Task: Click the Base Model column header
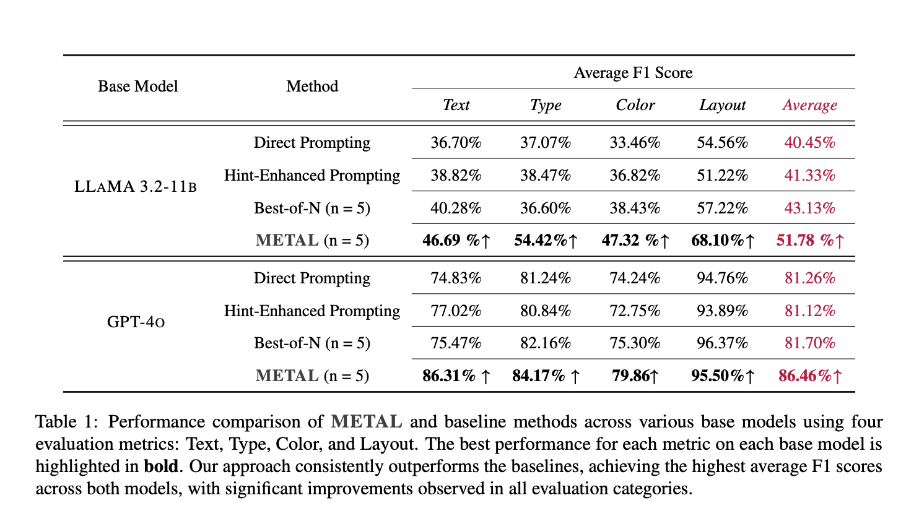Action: click(x=137, y=87)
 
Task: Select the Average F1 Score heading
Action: click(x=633, y=73)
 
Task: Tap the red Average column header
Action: click(x=809, y=105)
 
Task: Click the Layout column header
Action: click(x=722, y=105)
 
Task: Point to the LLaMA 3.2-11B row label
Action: click(x=136, y=187)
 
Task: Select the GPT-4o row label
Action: click(x=136, y=322)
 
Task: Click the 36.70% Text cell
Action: click(x=456, y=143)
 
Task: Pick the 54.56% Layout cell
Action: click(x=722, y=143)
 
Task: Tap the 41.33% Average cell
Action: click(x=809, y=176)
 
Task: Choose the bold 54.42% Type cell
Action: click(x=545, y=241)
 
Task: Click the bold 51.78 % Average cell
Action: click(x=809, y=241)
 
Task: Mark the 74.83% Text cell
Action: click(x=456, y=278)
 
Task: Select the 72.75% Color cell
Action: click(x=635, y=311)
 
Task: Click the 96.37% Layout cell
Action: click(x=722, y=343)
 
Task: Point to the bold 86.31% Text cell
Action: click(x=456, y=376)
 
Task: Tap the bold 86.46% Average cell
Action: click(x=809, y=376)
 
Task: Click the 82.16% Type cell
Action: click(x=545, y=343)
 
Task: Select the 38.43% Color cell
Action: click(x=635, y=208)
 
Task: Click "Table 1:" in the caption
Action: click(x=66, y=423)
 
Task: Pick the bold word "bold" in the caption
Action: click(x=160, y=466)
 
